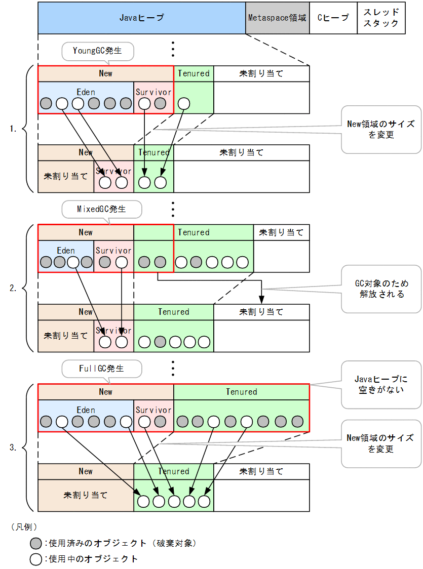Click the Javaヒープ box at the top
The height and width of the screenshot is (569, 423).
(141, 18)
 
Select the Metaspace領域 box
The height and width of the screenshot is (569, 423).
(277, 18)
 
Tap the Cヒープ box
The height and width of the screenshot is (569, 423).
(333, 18)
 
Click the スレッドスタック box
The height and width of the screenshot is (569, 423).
(381, 18)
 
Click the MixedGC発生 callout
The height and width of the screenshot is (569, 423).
(101, 209)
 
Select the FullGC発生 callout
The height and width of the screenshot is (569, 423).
(101, 368)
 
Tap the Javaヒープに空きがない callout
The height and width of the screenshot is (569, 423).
(381, 384)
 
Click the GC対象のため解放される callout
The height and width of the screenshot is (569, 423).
(381, 289)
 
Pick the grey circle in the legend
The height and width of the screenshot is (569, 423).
(35, 544)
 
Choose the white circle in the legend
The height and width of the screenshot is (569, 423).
(35, 559)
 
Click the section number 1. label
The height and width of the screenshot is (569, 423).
(13, 129)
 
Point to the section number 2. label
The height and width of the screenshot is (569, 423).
(13, 288)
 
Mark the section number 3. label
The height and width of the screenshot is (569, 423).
(13, 448)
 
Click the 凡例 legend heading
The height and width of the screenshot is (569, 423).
(24, 527)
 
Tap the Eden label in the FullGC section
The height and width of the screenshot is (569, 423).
(86, 410)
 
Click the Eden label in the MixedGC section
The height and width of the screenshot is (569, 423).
(66, 251)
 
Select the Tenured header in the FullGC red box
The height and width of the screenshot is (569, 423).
(241, 392)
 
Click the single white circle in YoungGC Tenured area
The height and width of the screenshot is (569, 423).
(184, 104)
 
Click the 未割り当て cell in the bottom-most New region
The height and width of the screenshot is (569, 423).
(86, 495)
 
